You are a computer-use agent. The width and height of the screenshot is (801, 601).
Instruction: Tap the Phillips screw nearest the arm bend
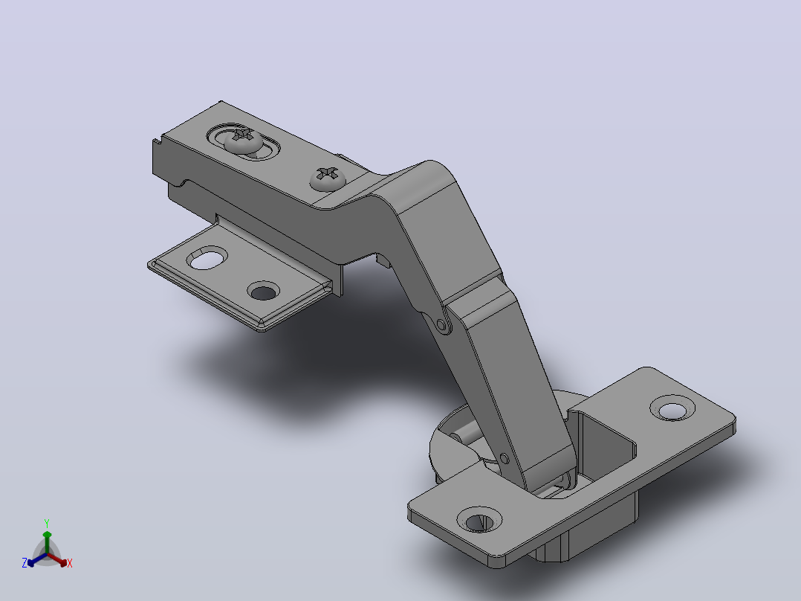328,179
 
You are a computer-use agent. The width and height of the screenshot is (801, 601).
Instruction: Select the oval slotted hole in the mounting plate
207,258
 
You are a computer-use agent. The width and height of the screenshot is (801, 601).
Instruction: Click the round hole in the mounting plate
264,292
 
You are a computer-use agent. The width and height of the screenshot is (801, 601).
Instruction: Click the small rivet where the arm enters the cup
505,458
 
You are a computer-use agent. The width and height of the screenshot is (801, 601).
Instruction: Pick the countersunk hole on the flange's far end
672,408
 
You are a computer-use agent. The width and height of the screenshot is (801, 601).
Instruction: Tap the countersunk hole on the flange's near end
479,520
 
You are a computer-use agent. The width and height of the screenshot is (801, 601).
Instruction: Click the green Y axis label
47,523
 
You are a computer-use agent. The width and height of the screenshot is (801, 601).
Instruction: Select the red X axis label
70,563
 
